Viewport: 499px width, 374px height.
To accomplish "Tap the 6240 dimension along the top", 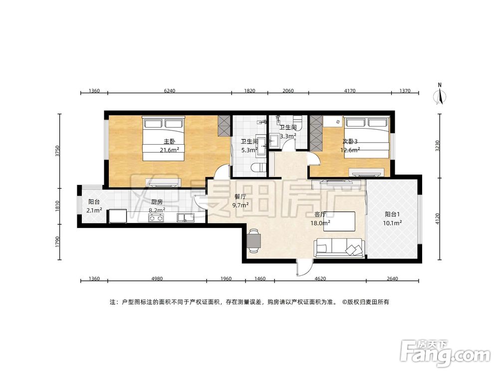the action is coord(170,91).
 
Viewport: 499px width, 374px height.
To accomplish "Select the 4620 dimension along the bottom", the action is coord(320,279).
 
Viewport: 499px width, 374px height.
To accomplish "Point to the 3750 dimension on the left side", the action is coord(57,151).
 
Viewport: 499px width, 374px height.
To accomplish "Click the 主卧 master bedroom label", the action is coord(169,142).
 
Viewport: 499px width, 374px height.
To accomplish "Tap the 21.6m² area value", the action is coord(169,150).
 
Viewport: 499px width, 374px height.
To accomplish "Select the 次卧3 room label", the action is coord(350,142).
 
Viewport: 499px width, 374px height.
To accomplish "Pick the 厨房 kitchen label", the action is coord(157,202).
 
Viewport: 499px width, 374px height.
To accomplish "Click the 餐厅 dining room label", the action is coord(240,197).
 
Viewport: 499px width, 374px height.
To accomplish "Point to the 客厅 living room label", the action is coord(320,214).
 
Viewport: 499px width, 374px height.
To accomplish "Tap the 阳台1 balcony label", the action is coord(392,214).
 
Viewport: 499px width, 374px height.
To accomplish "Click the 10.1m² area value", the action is coord(392,223).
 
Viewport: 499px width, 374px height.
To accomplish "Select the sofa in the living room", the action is coord(339,247).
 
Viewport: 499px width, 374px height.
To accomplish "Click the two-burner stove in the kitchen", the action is coord(156,218).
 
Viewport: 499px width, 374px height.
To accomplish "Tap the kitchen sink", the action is coord(186,217).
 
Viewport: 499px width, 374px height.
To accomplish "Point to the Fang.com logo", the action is coord(445,354).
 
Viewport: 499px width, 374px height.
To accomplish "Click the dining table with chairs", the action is coord(254,241).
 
